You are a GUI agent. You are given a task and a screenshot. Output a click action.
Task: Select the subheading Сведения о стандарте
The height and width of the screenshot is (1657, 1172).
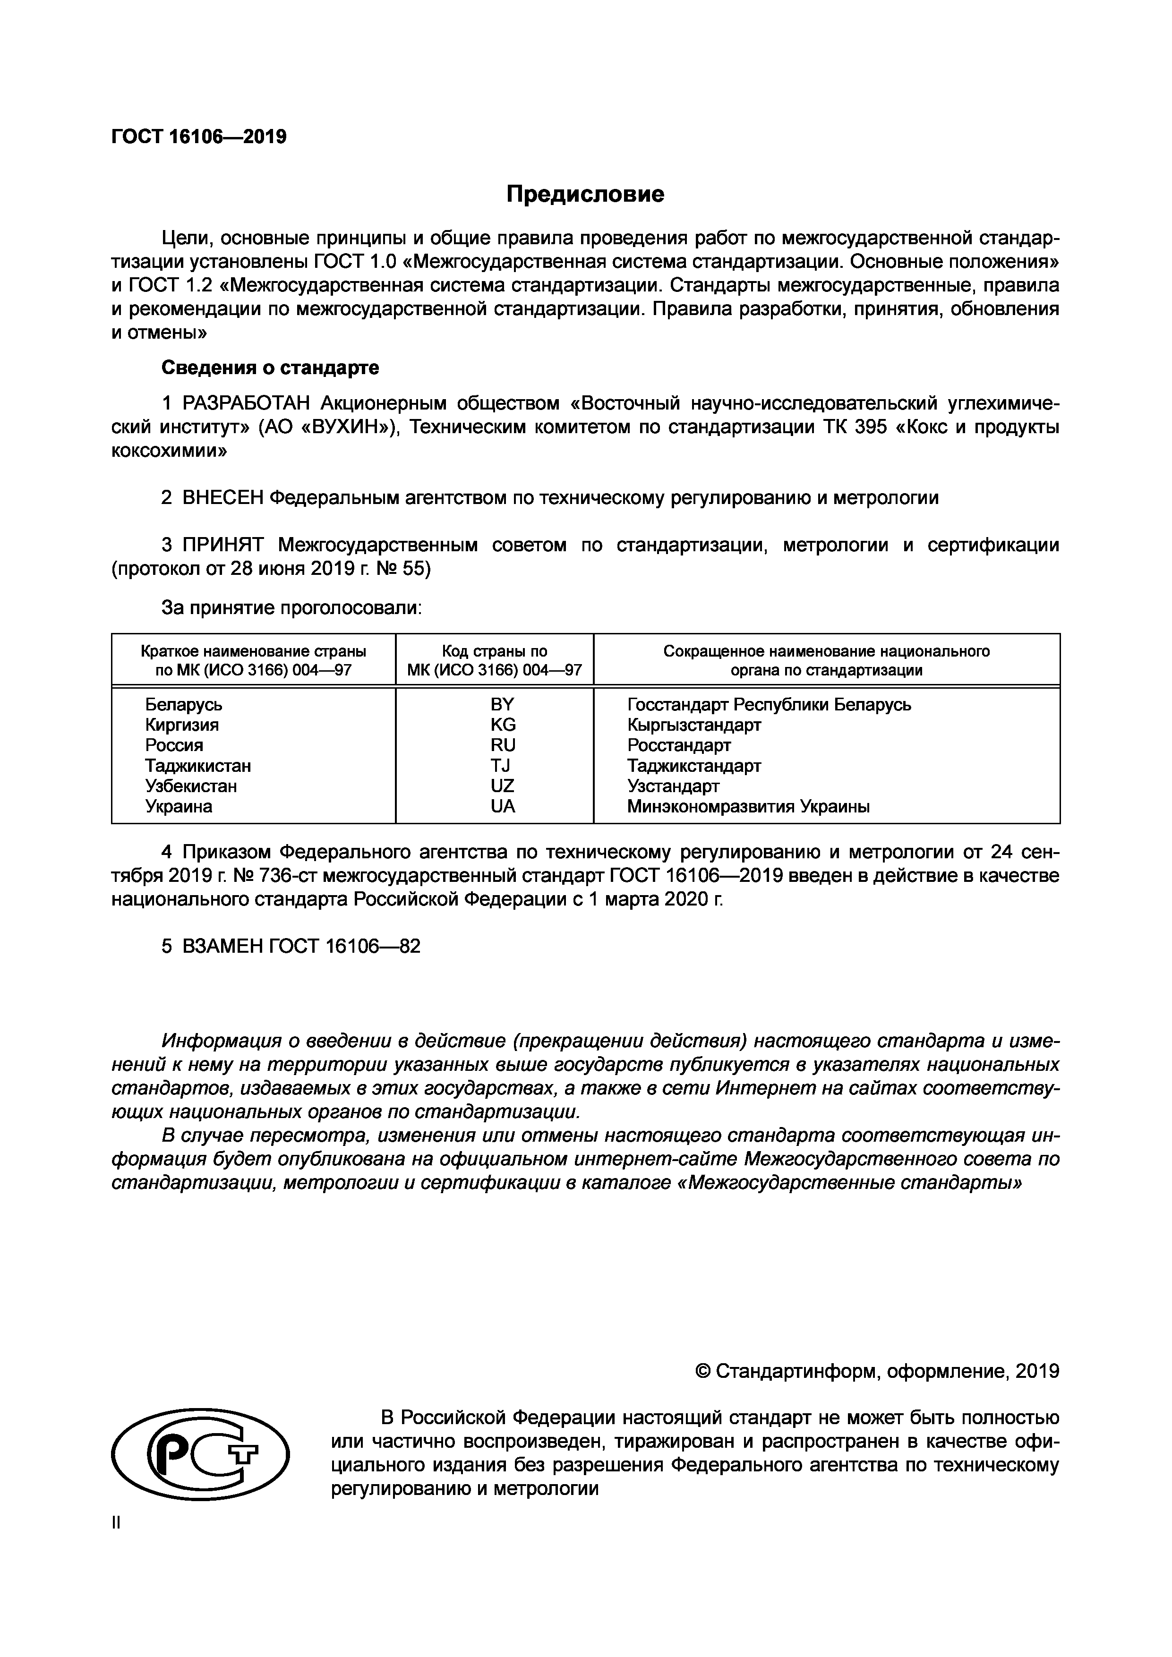270,368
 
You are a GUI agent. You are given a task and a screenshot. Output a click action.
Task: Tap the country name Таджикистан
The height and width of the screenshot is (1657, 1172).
198,766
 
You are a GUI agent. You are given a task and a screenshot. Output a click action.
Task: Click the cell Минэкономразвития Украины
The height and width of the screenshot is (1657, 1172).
748,807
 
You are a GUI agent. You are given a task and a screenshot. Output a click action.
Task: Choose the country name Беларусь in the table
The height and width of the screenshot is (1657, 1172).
183,704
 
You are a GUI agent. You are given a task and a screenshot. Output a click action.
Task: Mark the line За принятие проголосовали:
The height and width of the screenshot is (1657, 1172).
291,608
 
